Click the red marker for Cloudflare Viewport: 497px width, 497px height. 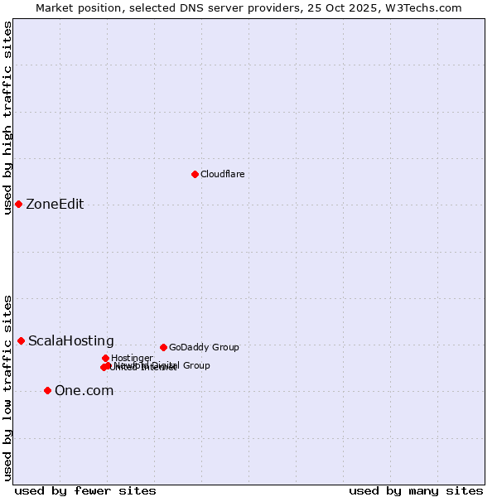tap(195, 174)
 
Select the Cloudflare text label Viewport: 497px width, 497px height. tap(222, 174)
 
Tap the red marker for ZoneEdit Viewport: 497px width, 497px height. tap(18, 204)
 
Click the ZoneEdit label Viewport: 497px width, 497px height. tap(55, 205)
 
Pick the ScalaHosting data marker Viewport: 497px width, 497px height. tap(21, 340)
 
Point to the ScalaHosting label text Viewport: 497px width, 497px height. tap(71, 341)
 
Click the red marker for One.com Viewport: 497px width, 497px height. tap(47, 390)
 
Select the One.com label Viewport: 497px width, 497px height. tap(84, 391)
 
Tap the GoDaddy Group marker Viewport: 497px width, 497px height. tap(163, 347)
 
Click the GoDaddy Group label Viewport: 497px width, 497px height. tap(204, 347)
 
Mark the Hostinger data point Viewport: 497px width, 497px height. tap(105, 358)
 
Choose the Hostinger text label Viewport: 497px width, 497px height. tap(132, 358)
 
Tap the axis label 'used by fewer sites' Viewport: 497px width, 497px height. tap(85, 490)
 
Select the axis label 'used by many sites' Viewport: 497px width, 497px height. tap(416, 490)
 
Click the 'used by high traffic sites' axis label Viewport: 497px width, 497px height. tap(7, 118)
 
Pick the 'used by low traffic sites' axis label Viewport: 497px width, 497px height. tap(7, 387)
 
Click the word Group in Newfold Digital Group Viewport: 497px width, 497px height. tap(196, 365)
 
